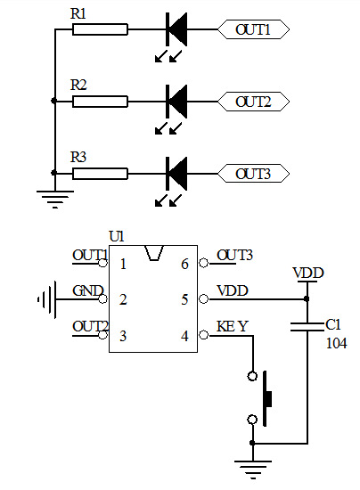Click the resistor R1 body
[100, 29]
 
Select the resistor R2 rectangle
[100, 102]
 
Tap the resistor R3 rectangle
[100, 174]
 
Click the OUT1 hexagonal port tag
[253, 29]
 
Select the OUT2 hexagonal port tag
[253, 102]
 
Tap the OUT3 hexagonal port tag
[253, 174]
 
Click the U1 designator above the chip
[117, 237]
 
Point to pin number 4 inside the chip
[184, 336]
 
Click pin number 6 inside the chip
[184, 264]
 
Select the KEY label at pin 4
[233, 327]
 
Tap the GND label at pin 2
[88, 291]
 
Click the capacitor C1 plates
[307, 327]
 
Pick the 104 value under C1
[336, 343]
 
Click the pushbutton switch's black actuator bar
[267, 398]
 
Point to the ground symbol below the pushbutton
[253, 470]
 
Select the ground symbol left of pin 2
[47, 299]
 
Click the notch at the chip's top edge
[154, 253]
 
